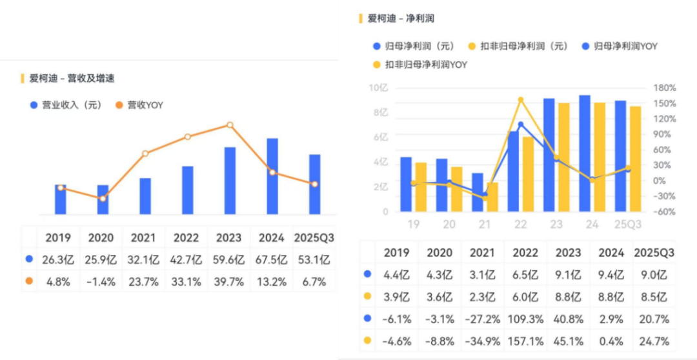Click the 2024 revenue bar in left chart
[272, 176]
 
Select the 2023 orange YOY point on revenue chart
[230, 125]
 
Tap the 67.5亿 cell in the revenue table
[272, 260]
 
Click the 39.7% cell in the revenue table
[229, 281]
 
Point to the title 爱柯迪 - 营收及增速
[72, 78]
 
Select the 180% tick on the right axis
[664, 88]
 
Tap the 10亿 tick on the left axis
[379, 88]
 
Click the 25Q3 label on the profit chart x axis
[628, 225]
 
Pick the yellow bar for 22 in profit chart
[528, 174]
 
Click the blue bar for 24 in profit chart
[585, 154]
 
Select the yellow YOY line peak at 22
[521, 100]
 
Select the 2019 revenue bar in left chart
[61, 199]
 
